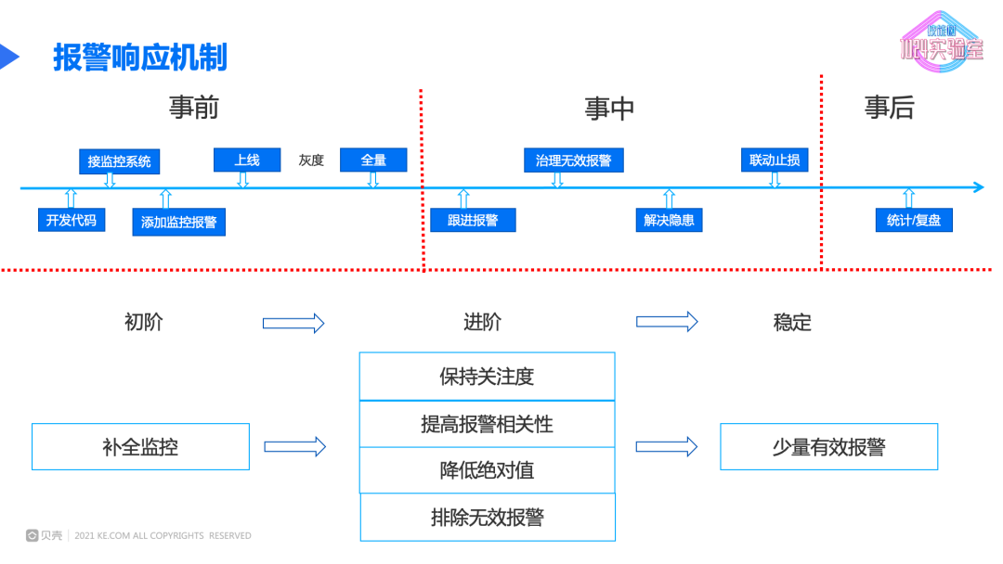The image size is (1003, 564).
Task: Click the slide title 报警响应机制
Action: coord(139,58)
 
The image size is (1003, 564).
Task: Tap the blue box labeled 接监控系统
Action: coord(119,161)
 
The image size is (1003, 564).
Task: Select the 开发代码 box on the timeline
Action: coord(71,220)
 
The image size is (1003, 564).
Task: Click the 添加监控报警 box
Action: coord(178,223)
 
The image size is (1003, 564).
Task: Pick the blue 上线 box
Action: coord(246,160)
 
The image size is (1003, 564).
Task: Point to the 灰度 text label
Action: coord(311,160)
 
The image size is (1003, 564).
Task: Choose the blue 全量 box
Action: coord(373,160)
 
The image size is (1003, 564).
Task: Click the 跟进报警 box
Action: coord(473,220)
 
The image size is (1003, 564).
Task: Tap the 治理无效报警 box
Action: coord(573,160)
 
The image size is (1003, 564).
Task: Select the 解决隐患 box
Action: coord(669,220)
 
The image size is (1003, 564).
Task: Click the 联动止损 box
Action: coord(775,160)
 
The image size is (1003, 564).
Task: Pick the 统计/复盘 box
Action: coord(914,220)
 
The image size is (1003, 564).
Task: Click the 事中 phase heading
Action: coord(609,109)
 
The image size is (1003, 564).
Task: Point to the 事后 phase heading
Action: coord(889,108)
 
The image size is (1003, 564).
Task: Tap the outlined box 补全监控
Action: coord(140,447)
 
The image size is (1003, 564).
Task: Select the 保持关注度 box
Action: coord(487,377)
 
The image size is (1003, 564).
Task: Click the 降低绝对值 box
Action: coord(487,470)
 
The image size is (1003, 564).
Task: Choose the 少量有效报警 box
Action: coord(828,447)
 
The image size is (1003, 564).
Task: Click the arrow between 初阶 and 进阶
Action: coord(293,323)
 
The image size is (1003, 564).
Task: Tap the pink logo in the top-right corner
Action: coord(940,42)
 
